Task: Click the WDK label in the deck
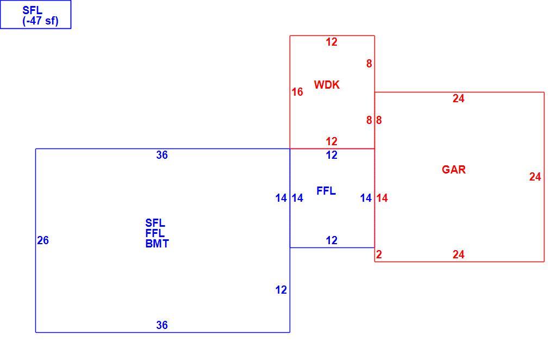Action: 327,85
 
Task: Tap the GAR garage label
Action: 454,170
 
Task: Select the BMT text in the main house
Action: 157,244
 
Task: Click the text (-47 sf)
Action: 41,21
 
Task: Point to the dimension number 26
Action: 43,240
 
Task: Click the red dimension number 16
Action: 297,92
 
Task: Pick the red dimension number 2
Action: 379,255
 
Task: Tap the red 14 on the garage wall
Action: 382,198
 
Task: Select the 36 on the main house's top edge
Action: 162,155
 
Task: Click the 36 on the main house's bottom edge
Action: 162,325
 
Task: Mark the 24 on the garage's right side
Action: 535,177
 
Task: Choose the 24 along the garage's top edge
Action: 458,98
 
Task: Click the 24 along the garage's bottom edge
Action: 458,255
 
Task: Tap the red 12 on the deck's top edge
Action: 331,42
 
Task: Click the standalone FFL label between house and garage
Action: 326,191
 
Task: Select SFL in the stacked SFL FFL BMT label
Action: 155,223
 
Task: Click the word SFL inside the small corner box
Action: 32,10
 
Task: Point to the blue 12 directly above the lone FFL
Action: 331,155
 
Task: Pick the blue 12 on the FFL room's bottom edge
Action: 331,240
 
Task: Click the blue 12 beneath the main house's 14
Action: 281,290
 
